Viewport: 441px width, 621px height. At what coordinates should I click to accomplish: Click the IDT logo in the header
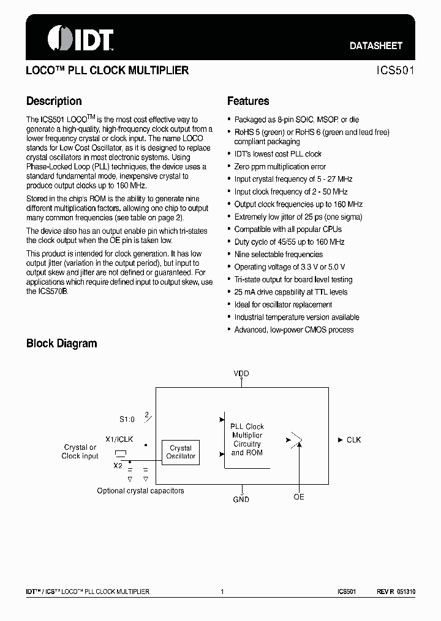81,39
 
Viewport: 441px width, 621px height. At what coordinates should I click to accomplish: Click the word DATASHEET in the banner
375,45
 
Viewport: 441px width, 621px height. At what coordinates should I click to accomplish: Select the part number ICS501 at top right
396,71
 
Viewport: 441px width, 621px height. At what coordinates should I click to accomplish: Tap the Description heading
54,101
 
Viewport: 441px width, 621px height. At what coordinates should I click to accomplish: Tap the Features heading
248,101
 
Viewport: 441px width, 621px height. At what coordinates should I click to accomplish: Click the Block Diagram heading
61,344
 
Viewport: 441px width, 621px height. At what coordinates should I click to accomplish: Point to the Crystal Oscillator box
181,452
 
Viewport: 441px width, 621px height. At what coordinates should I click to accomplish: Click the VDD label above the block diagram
241,373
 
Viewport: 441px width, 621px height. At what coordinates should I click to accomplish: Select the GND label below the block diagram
241,499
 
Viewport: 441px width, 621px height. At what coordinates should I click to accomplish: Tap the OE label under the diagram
298,497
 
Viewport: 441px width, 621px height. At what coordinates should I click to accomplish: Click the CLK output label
353,440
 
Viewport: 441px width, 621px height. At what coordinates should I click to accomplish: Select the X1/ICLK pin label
119,440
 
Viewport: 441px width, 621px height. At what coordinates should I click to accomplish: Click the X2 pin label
118,466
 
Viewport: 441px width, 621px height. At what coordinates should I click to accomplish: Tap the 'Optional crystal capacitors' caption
140,491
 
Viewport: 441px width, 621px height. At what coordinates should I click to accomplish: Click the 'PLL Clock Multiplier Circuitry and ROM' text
246,439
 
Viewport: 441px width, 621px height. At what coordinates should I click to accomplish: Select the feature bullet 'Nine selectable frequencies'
278,254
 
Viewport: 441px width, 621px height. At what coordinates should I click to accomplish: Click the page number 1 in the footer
222,592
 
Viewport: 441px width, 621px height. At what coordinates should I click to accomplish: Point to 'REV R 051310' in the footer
396,592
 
